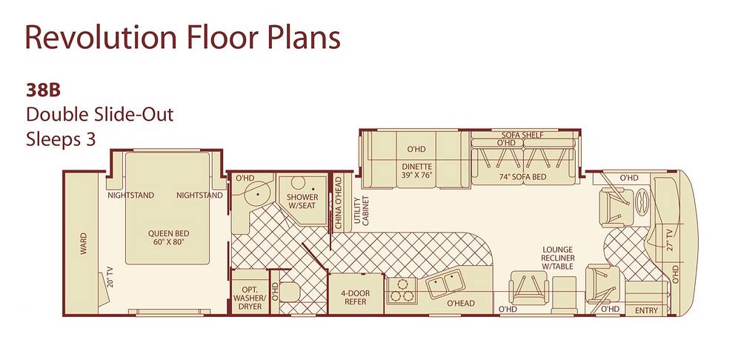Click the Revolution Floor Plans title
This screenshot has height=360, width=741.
tap(183, 38)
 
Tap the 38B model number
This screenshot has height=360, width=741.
tap(43, 90)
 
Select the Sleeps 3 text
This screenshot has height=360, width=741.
tap(61, 140)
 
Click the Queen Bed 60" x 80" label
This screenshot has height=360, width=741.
tap(168, 238)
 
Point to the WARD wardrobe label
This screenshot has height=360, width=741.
tap(83, 244)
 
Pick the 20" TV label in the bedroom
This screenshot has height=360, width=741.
tap(110, 277)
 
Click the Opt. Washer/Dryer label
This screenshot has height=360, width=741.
tap(250, 298)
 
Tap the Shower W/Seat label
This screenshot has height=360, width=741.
tap(302, 201)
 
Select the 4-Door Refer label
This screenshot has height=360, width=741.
tap(356, 298)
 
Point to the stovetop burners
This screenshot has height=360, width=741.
tap(402, 290)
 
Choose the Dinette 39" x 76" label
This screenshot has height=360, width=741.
tap(416, 170)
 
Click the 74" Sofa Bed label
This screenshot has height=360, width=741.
tap(523, 177)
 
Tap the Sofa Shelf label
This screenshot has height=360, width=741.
tap(522, 135)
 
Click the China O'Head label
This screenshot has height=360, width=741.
tap(339, 204)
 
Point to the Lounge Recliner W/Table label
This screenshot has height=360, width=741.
tap(558, 258)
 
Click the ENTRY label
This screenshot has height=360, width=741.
tap(646, 310)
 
